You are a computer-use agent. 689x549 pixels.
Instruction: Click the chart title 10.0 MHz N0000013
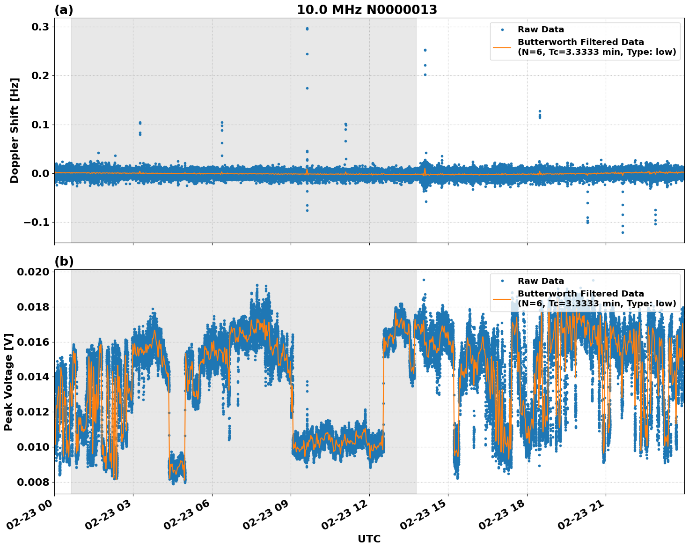366,10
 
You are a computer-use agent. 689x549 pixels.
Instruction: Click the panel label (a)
64,10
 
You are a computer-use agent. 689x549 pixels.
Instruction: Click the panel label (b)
64,261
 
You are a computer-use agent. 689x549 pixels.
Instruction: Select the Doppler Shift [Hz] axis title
15,130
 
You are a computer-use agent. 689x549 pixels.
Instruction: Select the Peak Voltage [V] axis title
8,382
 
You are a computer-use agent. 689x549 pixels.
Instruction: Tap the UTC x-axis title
369,539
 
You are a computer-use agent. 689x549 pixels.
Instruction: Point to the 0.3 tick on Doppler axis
41,27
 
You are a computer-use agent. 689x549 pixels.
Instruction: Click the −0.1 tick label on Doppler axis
37,222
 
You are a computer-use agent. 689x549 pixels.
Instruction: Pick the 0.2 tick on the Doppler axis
41,76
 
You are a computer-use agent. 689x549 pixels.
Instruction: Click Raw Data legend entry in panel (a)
541,30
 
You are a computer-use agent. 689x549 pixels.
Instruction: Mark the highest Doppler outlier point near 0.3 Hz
307,29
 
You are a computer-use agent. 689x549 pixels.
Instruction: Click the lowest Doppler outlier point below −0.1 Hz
623,232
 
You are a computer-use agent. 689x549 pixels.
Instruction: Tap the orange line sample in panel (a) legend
502,47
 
